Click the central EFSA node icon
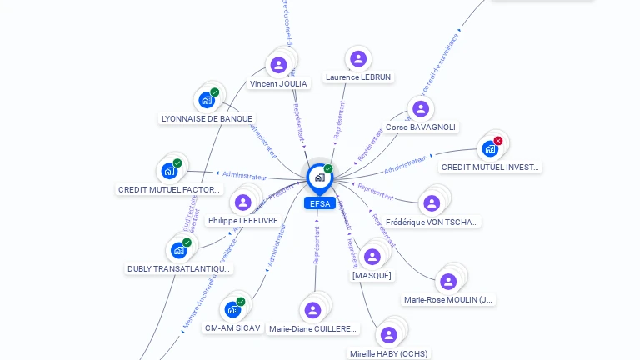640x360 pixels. point(319,177)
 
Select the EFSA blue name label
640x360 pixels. point(319,203)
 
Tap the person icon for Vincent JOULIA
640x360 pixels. point(278,65)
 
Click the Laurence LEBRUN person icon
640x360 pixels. point(358,58)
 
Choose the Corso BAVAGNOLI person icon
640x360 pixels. point(420,108)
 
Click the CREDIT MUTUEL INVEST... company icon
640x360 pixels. point(490,148)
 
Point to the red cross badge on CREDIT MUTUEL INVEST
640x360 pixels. point(498,141)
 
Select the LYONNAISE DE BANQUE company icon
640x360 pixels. point(207,100)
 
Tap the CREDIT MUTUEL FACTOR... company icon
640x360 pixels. point(169,171)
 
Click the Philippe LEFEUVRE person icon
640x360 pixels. point(243,202)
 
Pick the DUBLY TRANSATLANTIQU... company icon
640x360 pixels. point(179,250)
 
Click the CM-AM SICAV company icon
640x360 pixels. point(232,309)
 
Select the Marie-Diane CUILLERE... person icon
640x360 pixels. point(312,310)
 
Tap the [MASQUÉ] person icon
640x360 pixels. point(372,257)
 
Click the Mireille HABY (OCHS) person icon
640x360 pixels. point(388,335)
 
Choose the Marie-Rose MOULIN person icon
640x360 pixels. point(448,282)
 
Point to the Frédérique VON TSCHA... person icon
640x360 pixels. point(432,203)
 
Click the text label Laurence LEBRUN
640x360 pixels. point(358,77)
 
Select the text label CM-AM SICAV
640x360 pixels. point(232,328)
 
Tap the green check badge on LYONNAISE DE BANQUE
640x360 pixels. point(215,92)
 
